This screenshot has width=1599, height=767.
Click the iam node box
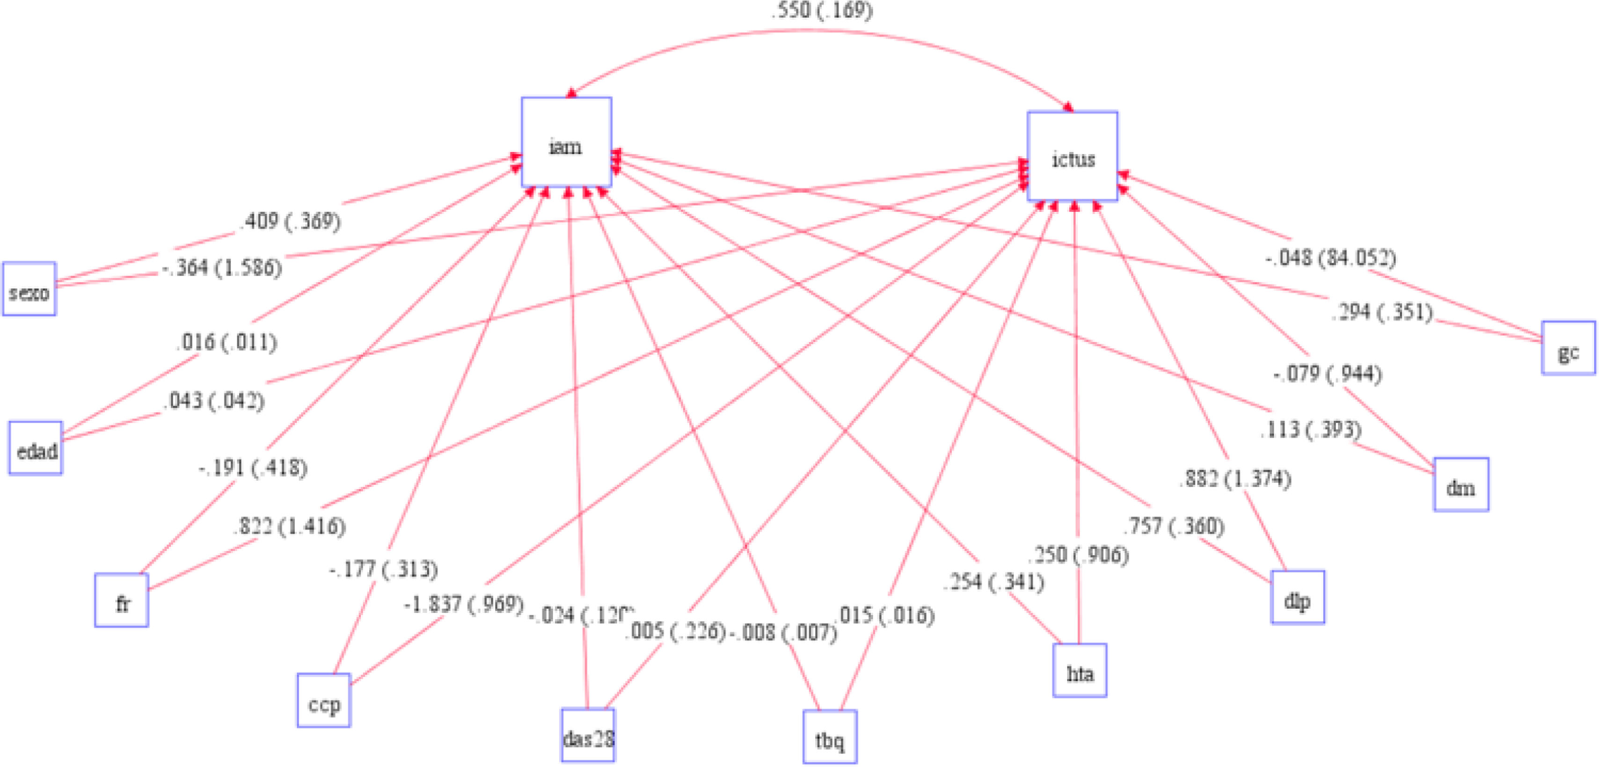[566, 142]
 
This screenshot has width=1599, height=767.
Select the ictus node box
[1072, 156]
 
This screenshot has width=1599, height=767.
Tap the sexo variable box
[29, 289]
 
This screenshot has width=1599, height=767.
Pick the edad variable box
[36, 449]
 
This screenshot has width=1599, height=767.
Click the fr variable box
[122, 601]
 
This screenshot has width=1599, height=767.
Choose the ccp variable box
[323, 701]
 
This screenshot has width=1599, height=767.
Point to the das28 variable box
[588, 735]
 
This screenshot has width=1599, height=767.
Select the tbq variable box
[830, 737]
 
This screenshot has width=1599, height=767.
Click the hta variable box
[1080, 671]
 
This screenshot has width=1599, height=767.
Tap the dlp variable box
[1297, 597]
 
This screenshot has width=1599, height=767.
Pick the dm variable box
[1460, 485]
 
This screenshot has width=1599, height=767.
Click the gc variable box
[1568, 348]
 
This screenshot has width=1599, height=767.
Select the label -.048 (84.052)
[1330, 258]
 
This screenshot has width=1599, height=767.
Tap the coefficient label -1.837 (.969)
[464, 604]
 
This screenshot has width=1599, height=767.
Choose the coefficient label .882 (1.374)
[1234, 479]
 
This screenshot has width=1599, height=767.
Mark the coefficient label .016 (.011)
[226, 342]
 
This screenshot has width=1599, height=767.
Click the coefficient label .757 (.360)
[1174, 526]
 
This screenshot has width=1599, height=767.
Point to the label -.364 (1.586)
[222, 268]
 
